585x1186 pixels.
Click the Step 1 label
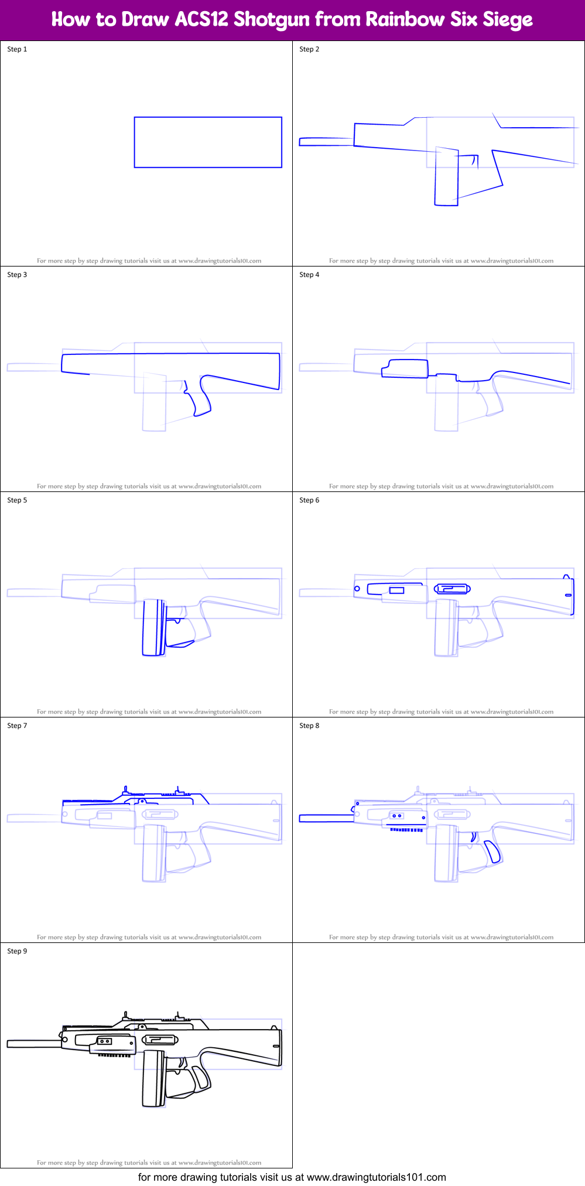17,49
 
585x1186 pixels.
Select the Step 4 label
309,275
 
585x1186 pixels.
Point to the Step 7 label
17,726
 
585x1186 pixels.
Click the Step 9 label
17,951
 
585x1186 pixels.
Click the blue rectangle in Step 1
208,142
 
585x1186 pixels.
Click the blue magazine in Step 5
154,628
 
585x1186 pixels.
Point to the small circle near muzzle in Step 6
357,589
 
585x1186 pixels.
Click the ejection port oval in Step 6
452,589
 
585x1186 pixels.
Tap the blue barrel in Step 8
326,818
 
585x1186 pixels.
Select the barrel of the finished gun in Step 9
33,1044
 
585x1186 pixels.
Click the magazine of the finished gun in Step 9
154,1078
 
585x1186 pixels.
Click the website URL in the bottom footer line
376,1177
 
